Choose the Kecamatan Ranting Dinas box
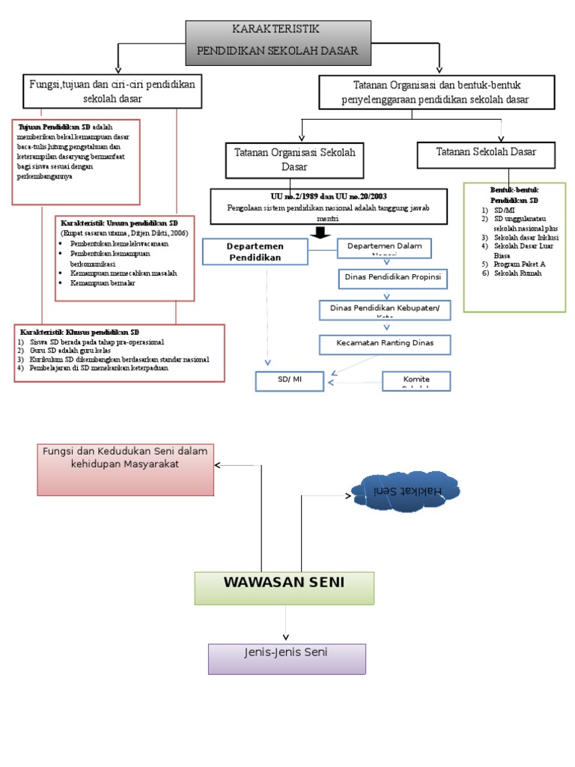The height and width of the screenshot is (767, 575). (386, 345)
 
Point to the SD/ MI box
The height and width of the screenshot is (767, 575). (290, 381)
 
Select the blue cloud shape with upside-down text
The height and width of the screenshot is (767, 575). (408, 491)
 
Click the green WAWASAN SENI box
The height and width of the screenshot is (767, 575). (284, 587)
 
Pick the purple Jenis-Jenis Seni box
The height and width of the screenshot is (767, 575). (287, 658)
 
